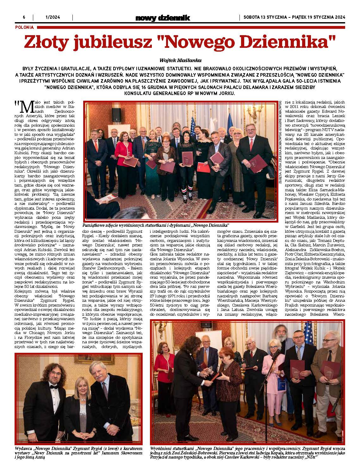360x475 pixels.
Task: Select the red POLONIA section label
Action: coord(24,28)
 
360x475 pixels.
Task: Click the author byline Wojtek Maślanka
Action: coord(180,60)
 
